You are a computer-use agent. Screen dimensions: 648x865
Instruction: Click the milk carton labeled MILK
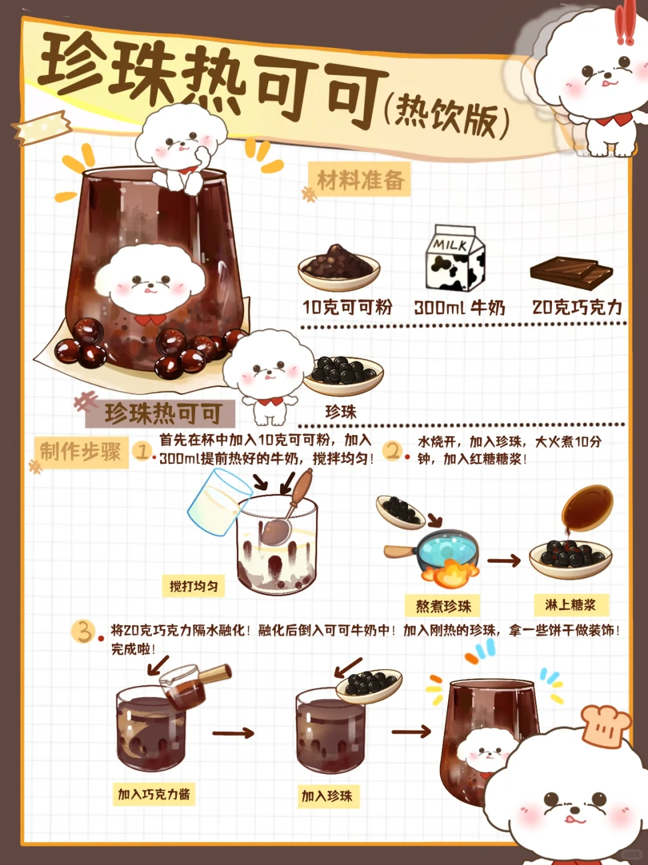tap(455, 258)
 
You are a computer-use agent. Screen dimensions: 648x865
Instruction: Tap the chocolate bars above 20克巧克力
tap(571, 273)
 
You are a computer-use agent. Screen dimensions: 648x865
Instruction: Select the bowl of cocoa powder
tap(339, 267)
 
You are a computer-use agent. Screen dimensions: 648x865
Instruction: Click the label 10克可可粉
tap(347, 308)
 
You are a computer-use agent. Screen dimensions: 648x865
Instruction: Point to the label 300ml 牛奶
tap(460, 308)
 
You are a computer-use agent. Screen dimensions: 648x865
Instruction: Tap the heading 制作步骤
tap(80, 451)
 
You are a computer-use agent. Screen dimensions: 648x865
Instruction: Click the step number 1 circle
tap(142, 451)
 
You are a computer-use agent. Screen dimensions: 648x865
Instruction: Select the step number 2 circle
tap(392, 450)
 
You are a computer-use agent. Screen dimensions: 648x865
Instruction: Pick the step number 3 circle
tap(82, 631)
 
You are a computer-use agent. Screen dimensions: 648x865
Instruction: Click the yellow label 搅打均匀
tap(194, 586)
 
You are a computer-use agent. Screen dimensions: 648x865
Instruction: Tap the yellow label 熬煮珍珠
tap(443, 606)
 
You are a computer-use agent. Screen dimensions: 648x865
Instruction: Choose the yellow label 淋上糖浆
tap(571, 605)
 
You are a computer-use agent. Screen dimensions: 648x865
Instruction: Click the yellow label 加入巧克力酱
tap(154, 794)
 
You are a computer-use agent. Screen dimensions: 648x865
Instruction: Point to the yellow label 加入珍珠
tap(328, 796)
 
